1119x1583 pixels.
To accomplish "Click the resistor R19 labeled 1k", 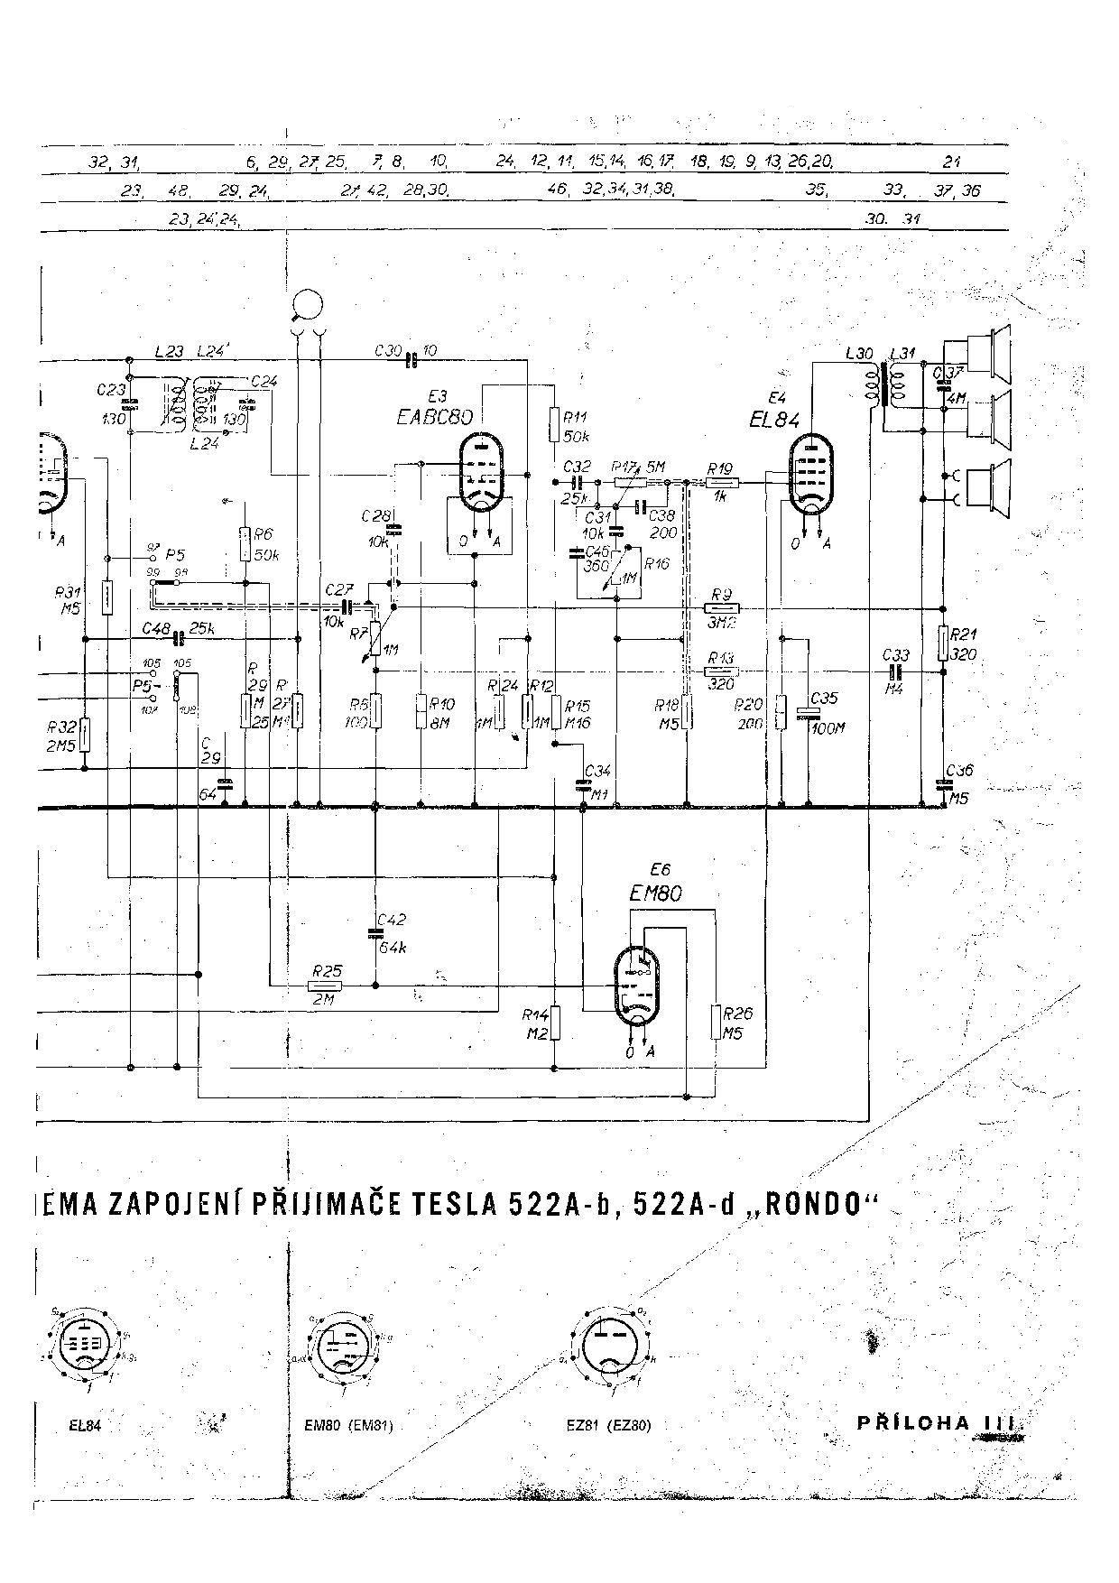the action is (721, 483).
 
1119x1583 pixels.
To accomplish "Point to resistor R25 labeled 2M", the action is (326, 986).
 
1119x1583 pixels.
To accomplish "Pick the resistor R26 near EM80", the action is (717, 1021).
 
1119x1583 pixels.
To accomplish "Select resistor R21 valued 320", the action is (943, 643).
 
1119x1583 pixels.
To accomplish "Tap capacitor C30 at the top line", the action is (412, 360).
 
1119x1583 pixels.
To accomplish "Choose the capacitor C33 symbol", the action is (896, 671).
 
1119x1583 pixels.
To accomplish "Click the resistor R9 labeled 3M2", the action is (721, 608).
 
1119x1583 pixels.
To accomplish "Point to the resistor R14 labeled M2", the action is (556, 1023).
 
